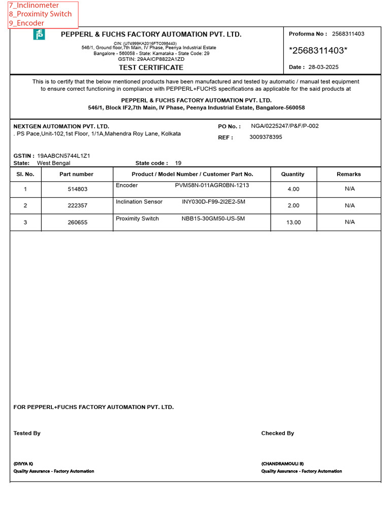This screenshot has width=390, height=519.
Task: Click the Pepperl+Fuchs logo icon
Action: coord(39,34)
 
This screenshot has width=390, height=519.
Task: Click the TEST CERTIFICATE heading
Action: coord(151,67)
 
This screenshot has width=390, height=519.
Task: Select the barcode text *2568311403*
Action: coord(318,51)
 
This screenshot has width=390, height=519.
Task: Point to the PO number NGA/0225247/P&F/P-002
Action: coord(284,126)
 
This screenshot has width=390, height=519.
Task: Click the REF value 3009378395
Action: coord(266,137)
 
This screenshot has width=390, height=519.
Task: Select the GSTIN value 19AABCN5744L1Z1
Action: coord(64,156)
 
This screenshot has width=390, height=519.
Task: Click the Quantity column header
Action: coord(292,174)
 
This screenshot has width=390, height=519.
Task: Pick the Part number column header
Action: coord(77,174)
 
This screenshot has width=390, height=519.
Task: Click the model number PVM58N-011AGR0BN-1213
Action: coord(212,186)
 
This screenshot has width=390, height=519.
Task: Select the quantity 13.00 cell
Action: coord(294,222)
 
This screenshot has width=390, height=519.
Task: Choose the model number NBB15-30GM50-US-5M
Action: coord(213,218)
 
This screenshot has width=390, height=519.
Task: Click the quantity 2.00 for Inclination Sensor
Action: coord(294,205)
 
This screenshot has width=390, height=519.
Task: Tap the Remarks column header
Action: coord(349,174)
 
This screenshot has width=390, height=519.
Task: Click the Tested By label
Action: coord(27,433)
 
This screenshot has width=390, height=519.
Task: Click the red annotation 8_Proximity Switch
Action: coord(40,14)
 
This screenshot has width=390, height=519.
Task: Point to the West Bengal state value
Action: coord(54,163)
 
